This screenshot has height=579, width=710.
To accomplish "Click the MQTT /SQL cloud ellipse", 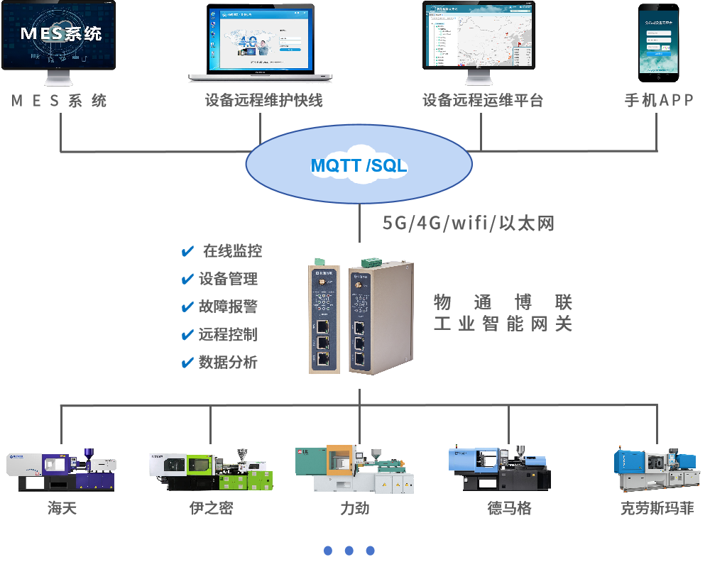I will (359, 165).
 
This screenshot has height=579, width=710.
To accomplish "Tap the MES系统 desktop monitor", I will (58, 39).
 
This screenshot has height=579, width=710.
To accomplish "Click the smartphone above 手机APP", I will (657, 41).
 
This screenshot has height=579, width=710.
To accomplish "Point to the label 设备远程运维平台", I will (483, 101).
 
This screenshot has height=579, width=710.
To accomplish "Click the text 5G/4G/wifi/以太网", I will (469, 224).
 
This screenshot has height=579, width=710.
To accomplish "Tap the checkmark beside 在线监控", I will (188, 251).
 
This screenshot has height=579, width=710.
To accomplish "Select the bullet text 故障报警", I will (228, 307).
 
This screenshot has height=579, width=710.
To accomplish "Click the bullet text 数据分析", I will (228, 363).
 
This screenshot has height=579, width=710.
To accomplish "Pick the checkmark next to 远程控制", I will (187, 335).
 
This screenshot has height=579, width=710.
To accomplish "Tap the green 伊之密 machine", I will (211, 470).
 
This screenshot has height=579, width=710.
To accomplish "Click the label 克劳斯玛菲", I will (657, 509).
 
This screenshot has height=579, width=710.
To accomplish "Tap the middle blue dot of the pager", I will (349, 551).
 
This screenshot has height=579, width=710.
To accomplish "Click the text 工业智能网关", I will (503, 324).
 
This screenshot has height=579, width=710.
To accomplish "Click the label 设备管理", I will (228, 279).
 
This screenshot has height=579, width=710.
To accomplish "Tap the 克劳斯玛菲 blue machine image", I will (655, 469).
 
